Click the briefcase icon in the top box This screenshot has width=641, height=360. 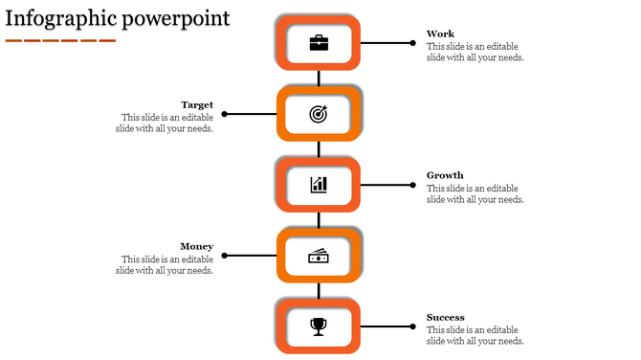[319, 43]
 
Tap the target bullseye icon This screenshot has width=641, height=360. [319, 114]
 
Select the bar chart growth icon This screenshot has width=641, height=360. [319, 185]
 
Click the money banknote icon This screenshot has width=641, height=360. [319, 256]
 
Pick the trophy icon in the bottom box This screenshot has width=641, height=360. [319, 326]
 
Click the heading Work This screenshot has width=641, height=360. [440, 34]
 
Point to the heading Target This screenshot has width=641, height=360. [197, 104]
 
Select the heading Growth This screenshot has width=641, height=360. [445, 175]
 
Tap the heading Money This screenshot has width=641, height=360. [197, 246]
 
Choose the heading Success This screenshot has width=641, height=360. [446, 317]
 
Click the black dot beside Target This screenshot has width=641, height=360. [224, 114]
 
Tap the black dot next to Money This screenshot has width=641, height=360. [224, 256]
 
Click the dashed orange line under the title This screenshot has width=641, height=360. [59, 40]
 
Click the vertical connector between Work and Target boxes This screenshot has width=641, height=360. [319, 79]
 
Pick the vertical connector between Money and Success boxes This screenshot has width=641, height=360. [319, 291]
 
